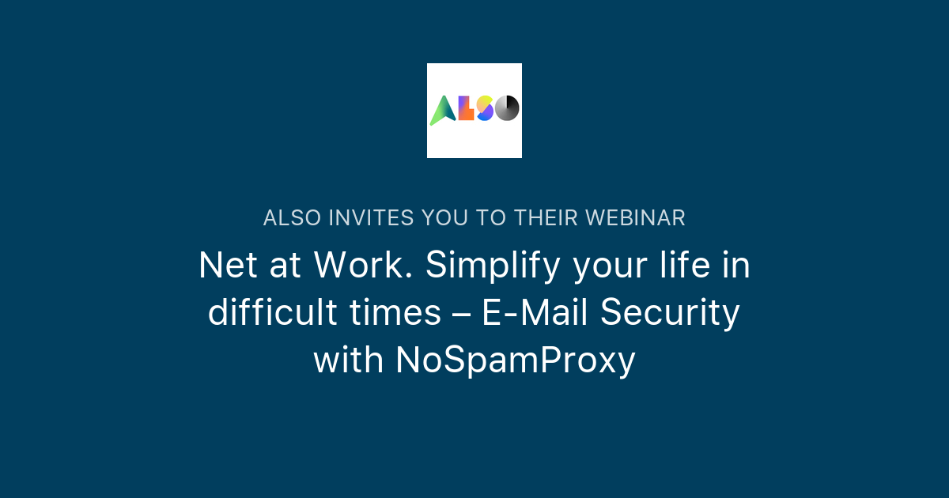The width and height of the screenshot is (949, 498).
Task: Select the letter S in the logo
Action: click(x=486, y=108)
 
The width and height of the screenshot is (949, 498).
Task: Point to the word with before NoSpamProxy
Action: click(x=348, y=361)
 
